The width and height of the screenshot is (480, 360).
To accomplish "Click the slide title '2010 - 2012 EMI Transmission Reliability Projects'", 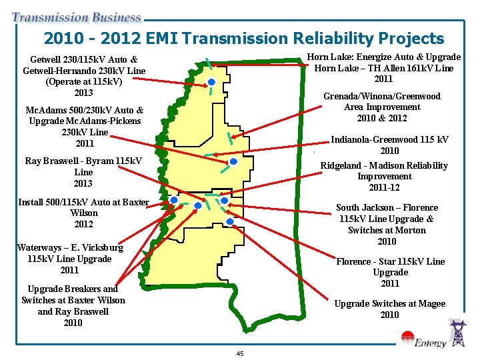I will pos(243,39).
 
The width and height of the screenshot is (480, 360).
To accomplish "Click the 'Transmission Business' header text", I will pos(77,18).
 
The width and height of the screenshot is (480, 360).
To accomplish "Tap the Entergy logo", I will pos(430,343).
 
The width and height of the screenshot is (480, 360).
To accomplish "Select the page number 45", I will pos(239,353).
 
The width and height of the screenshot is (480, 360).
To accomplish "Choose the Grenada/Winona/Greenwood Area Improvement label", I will pos(381,107).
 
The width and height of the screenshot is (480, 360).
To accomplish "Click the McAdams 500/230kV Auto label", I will pos(85,127).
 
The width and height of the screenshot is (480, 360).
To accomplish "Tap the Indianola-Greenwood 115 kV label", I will pos(389,145).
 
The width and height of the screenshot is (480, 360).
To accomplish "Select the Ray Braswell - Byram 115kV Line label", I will pos(83,172).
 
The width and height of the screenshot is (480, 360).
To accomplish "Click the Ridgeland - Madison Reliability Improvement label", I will pos(384,176).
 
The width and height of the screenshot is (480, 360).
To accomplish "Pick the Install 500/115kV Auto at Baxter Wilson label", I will pos(83,213).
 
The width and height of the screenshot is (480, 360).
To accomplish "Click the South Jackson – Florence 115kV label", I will pos(387,224).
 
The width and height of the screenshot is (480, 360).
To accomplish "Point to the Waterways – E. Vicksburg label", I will pos(70,259).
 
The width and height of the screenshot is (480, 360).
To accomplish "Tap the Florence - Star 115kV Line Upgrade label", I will pos(390,272).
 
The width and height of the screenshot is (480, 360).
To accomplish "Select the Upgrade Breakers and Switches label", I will pos(73,305).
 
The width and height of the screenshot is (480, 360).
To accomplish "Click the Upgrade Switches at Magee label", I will pos(389,309).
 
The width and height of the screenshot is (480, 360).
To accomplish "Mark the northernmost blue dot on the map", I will pos(211,82).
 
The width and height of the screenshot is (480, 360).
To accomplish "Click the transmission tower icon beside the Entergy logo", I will pos(458,333).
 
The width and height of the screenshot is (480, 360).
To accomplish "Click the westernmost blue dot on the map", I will pos(173,200).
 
